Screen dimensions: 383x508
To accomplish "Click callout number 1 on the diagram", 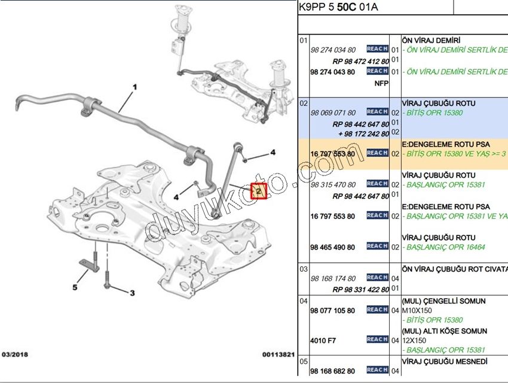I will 134,87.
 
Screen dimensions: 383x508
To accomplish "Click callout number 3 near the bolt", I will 132,293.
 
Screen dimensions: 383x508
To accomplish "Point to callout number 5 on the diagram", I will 75,287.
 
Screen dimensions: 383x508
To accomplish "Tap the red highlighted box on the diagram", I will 259,191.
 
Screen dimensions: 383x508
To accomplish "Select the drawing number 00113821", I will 278,354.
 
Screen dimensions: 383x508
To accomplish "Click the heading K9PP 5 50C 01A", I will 338,8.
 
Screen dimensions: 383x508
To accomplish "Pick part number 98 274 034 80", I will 333,50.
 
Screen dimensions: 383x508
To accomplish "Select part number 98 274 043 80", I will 333,72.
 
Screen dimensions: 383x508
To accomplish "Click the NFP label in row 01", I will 381,83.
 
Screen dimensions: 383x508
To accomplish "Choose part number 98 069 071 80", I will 333,113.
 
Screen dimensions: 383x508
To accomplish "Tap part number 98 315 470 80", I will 333,184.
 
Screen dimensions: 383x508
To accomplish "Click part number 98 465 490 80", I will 333,247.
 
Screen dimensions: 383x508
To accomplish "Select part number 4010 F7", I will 323,341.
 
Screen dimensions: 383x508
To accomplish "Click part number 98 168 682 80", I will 333,371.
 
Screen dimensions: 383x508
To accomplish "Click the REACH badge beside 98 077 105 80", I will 377,309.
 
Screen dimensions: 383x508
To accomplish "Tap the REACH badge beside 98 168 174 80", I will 377,277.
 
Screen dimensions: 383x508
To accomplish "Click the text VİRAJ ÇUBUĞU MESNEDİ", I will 445,362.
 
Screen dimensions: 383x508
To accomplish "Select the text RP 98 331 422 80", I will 361,290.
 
